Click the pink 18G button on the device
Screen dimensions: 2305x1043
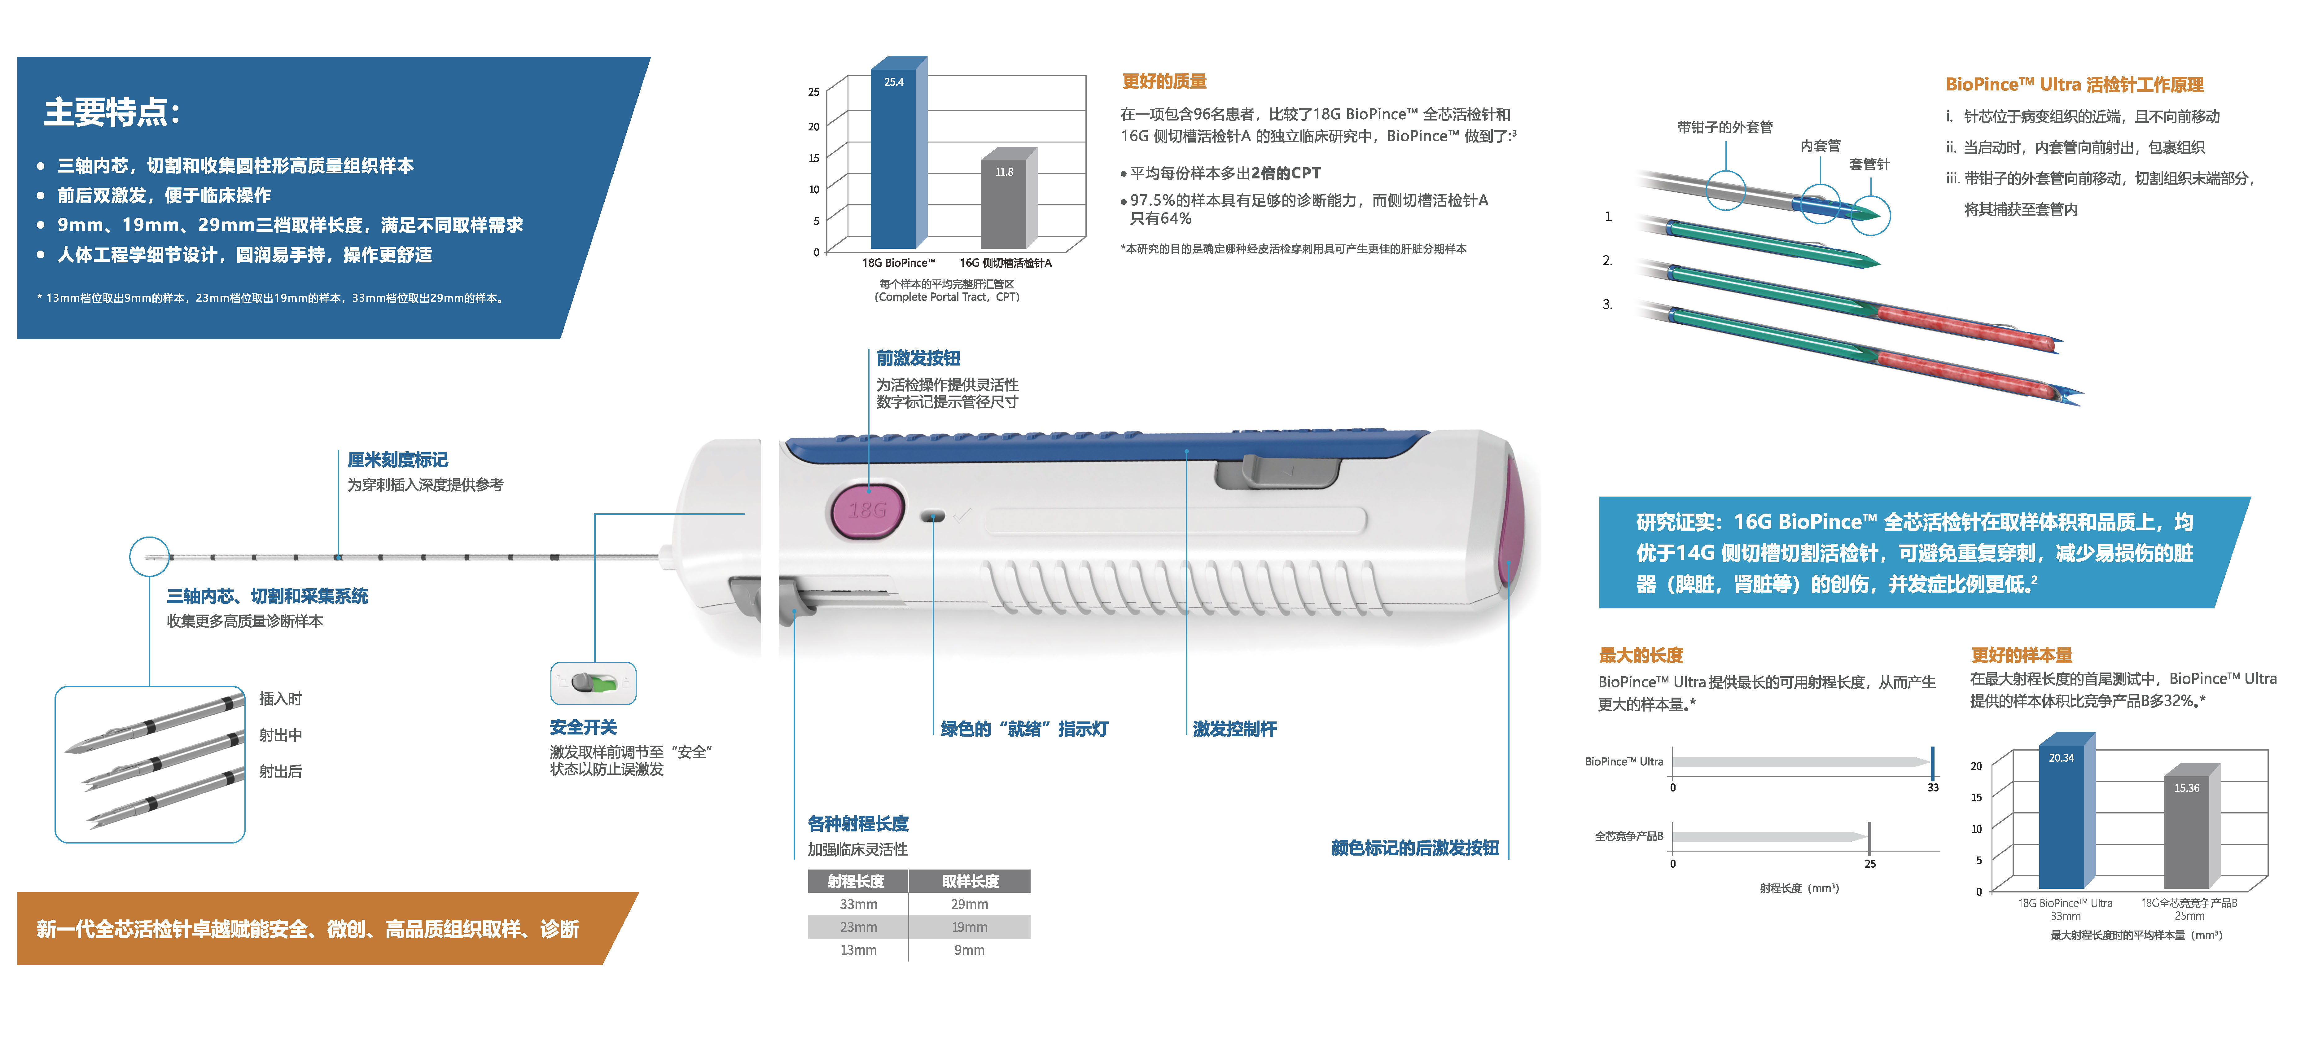pos(866,511)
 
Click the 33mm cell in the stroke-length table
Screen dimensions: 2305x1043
pos(858,904)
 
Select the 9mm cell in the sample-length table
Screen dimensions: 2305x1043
pos(969,950)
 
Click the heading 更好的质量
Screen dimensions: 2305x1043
pos(1164,81)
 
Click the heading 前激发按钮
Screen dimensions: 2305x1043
pos(918,358)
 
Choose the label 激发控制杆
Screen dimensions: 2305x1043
pos(1235,729)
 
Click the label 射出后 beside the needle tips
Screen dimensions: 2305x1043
pos(280,771)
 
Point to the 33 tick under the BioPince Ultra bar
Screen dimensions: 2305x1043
pos(1933,787)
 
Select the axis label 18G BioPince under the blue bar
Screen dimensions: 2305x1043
pos(898,263)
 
